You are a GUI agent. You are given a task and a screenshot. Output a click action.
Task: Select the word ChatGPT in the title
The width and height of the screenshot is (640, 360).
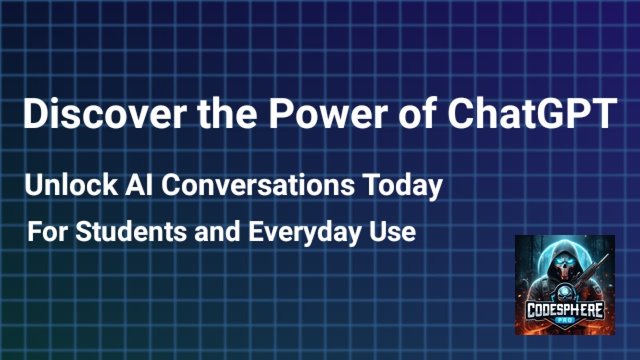(x=532, y=114)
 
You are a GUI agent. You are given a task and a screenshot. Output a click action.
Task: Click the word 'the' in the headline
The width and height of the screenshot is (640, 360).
(x=227, y=114)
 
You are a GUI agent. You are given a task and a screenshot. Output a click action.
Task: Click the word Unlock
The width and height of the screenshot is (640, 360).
(x=70, y=185)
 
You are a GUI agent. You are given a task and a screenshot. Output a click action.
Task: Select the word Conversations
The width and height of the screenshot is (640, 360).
(x=258, y=185)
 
